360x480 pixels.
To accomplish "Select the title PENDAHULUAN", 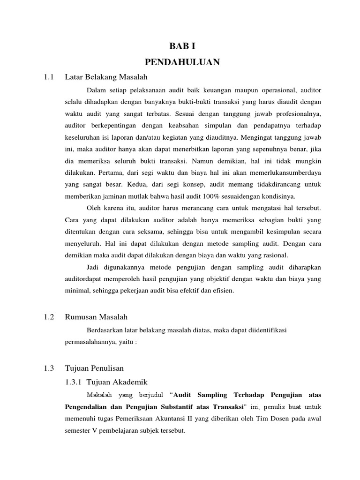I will [180, 62].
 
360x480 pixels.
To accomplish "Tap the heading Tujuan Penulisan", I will [94, 368].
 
